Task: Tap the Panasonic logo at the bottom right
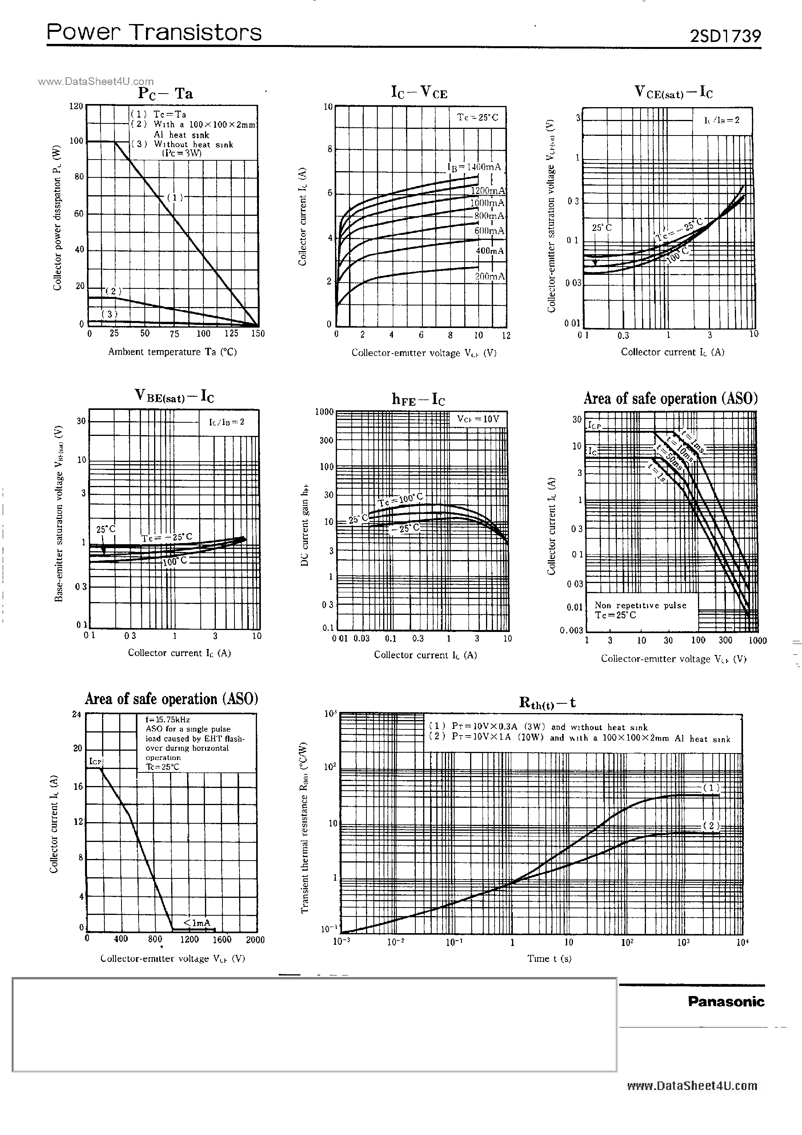point(726,1001)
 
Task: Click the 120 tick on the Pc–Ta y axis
point(76,106)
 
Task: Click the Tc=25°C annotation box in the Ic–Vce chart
point(477,118)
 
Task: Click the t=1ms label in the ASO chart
point(692,441)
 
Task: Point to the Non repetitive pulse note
point(640,610)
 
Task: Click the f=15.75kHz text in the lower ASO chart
point(167,720)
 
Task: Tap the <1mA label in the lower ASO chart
point(197,922)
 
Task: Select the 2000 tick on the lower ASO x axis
point(255,940)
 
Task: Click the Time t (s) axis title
point(549,958)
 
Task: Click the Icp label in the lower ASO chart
point(95,761)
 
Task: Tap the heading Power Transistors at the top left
point(154,33)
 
